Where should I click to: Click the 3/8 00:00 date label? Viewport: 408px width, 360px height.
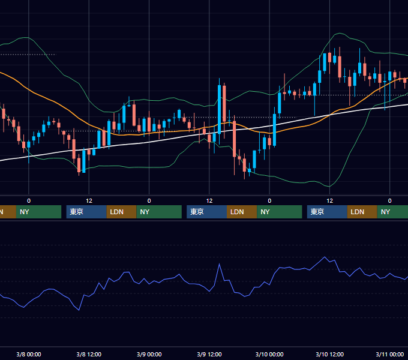29,354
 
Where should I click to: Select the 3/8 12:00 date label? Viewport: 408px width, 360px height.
89,354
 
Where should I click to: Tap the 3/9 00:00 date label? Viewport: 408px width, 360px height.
149,354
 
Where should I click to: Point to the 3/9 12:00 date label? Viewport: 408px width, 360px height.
209,354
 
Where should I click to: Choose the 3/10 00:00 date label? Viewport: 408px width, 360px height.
269,354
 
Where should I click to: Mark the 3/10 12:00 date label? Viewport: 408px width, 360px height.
329,354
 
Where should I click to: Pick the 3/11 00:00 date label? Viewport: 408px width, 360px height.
390,354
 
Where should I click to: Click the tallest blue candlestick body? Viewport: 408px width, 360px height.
220,109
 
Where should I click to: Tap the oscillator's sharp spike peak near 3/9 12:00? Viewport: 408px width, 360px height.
220,264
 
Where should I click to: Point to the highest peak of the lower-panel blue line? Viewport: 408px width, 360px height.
325,257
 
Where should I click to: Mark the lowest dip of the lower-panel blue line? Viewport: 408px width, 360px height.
79,310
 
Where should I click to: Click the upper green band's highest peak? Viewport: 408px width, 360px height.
340,33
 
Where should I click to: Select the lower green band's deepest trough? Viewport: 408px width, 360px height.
329,187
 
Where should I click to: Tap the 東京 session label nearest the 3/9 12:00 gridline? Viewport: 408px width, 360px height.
197,212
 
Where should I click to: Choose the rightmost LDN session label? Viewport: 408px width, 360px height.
357,212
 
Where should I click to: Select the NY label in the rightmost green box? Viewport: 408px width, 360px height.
385,212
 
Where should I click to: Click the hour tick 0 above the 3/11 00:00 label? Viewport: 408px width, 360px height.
390,200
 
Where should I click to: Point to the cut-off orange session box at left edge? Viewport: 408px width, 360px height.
8,212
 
